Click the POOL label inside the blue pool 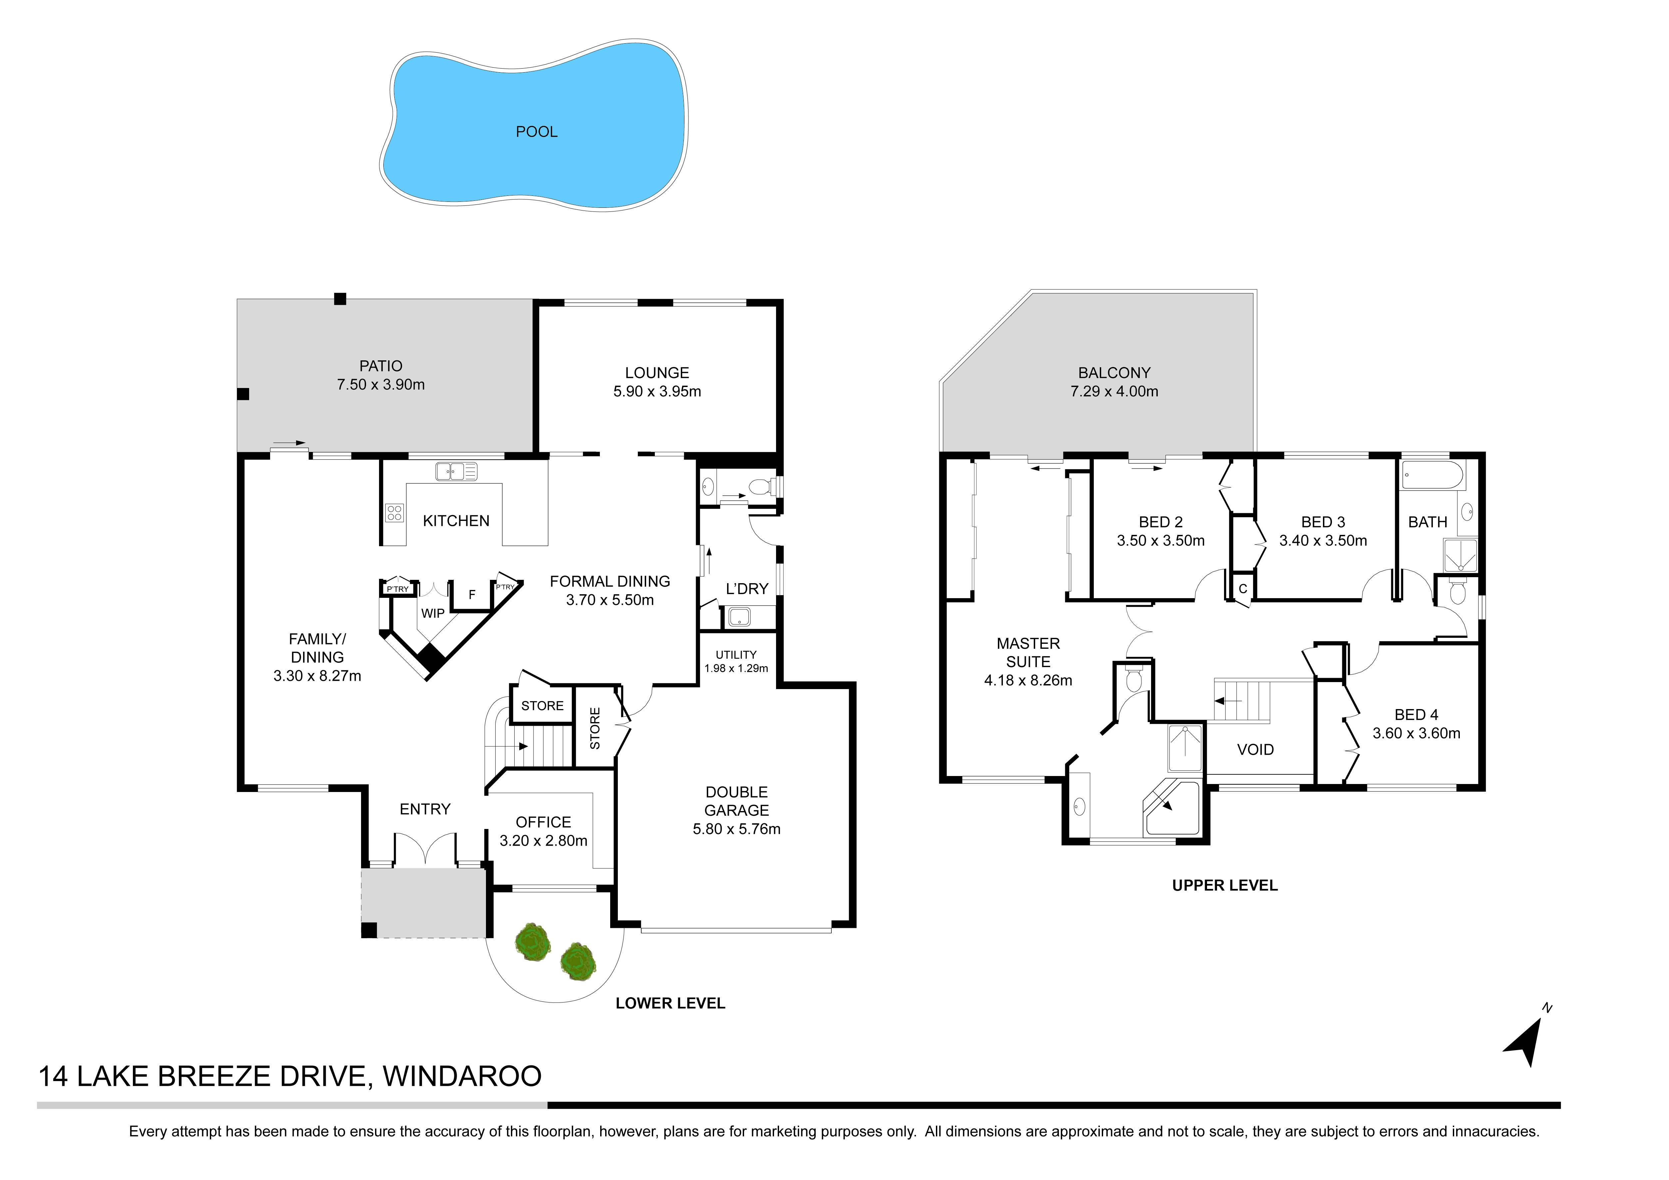click(537, 132)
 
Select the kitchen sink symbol click(456, 471)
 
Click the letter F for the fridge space click(472, 595)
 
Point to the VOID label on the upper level click(1255, 750)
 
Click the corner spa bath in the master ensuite click(1172, 808)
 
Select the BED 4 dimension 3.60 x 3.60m click(1416, 734)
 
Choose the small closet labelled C click(1242, 588)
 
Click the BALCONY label click(1114, 373)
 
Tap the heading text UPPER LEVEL click(1225, 886)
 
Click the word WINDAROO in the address click(462, 1077)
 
